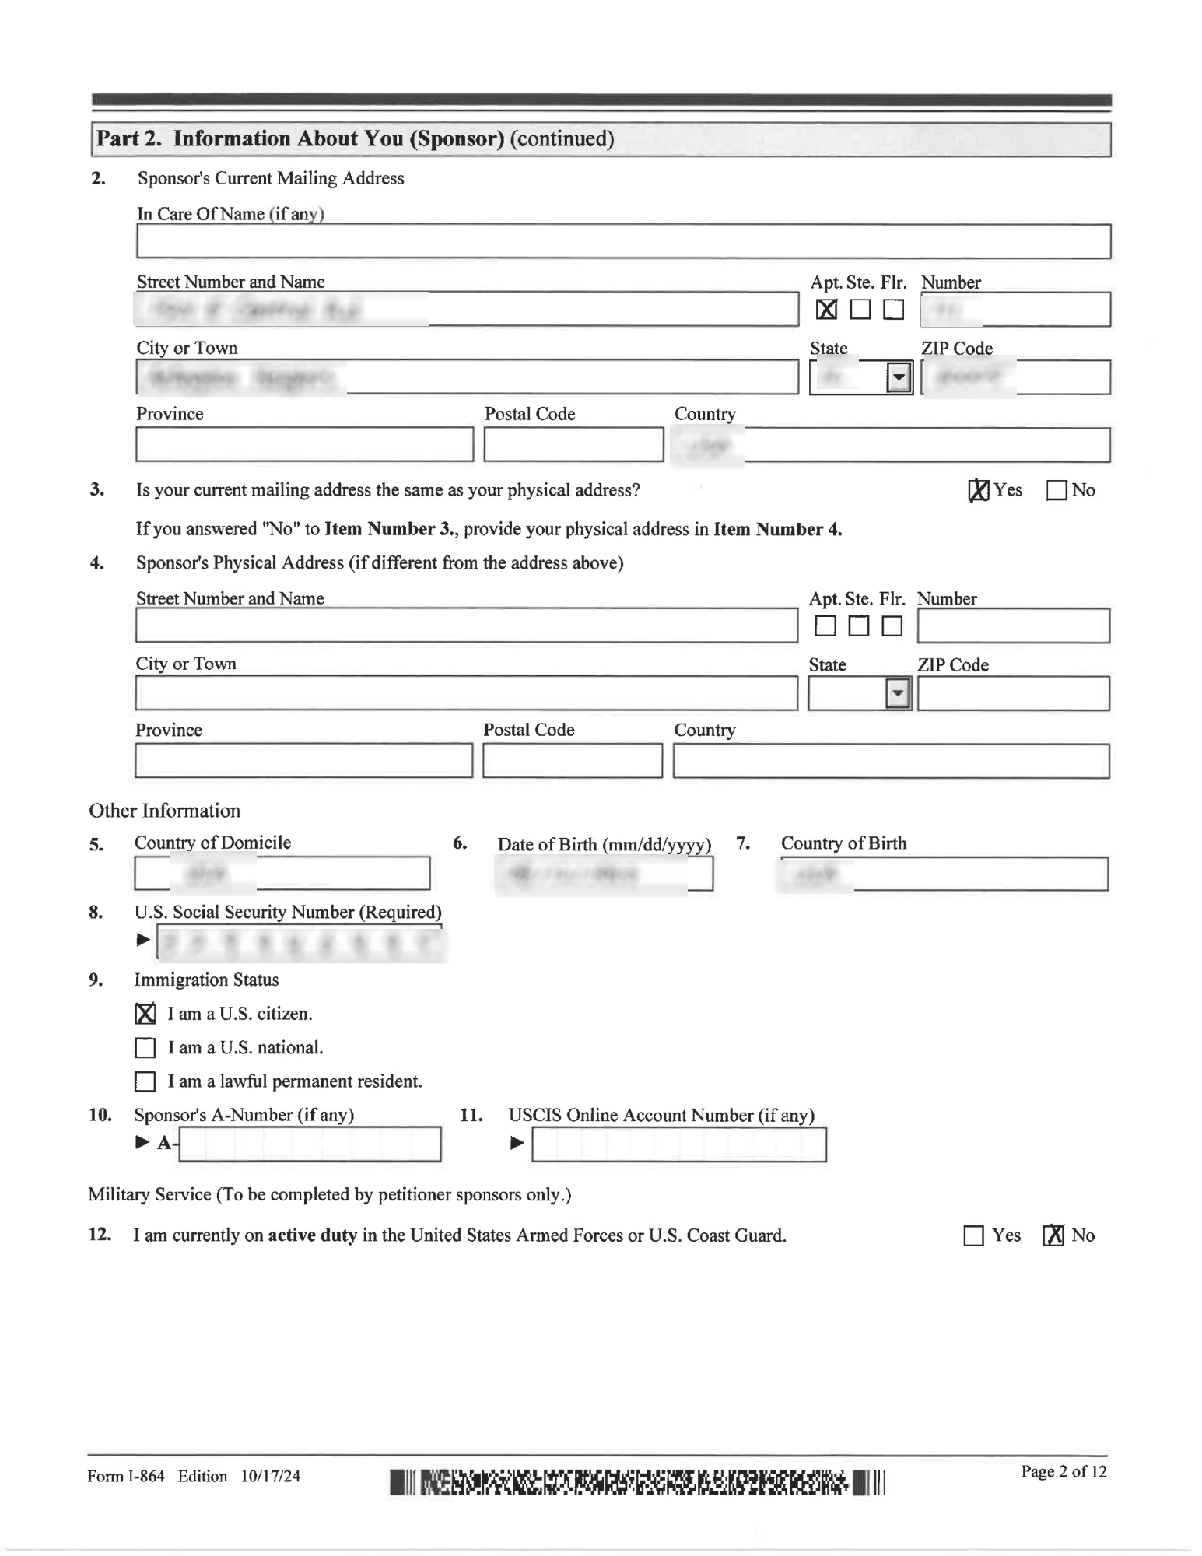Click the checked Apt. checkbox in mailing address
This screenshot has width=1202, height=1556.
[826, 310]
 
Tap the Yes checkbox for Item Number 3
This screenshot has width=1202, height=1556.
[979, 490]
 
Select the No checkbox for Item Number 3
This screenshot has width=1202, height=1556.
[1056, 491]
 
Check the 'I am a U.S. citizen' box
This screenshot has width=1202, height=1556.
[145, 1014]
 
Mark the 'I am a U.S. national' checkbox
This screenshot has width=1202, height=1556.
[145, 1048]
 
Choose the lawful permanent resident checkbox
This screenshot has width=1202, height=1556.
[145, 1081]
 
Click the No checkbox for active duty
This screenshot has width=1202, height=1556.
[1053, 1235]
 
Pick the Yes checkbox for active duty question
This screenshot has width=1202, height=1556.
[973, 1235]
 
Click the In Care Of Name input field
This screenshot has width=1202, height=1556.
[622, 241]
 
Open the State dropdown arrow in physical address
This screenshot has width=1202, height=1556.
[898, 693]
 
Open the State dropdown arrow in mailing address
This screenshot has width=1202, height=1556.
[899, 378]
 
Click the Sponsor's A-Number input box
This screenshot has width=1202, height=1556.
[310, 1144]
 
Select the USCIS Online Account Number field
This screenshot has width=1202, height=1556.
[678, 1144]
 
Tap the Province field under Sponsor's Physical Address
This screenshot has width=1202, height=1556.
[303, 761]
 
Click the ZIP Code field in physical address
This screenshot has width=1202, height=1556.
[1013, 693]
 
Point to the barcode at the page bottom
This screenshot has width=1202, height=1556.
[637, 1483]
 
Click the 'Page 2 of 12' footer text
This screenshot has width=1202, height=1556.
[1063, 1471]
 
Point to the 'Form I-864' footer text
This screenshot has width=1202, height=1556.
[126, 1476]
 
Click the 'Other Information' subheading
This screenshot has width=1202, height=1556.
[165, 811]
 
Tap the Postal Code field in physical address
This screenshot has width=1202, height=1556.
[572, 761]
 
